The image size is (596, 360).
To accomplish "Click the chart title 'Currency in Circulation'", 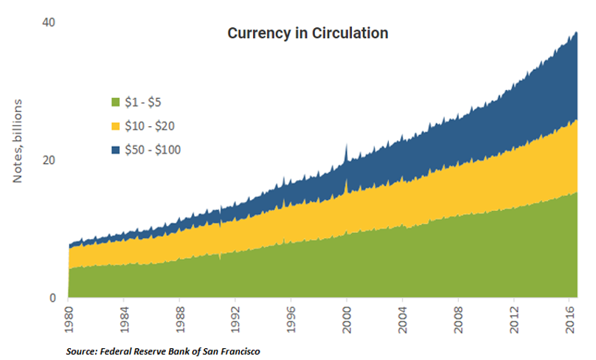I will point(308,34).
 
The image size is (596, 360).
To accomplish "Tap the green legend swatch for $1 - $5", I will point(115,101).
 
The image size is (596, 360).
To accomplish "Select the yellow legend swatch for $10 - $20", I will point(115,125).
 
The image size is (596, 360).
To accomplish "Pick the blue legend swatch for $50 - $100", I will point(115,150).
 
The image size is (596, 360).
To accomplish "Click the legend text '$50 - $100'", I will point(153,150).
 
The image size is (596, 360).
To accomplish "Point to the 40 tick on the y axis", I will point(50,22).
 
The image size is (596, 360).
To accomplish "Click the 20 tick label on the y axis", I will point(50,160).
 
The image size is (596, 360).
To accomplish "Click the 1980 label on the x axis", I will point(69,316).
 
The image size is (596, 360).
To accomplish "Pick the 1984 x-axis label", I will point(124,316).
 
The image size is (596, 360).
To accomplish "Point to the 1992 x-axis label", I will point(235,316).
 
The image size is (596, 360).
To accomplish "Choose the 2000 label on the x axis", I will point(347,316).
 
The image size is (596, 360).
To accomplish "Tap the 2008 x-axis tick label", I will point(458,316).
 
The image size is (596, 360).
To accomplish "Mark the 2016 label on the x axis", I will point(569,316).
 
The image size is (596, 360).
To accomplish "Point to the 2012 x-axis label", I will point(513,316).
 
